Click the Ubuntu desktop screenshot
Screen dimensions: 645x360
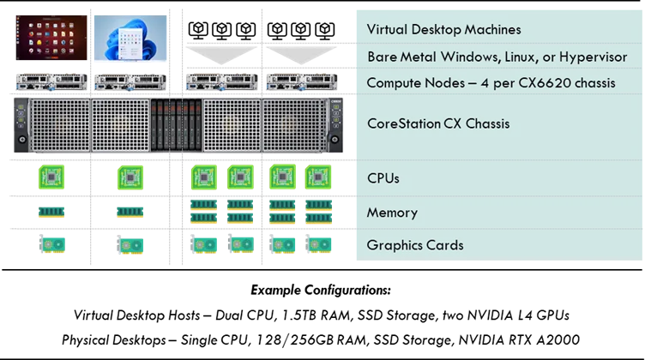tap(51, 38)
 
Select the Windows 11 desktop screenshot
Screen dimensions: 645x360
tap(130, 38)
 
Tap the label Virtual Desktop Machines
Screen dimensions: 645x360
tap(443, 30)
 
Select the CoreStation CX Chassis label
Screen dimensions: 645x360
tap(438, 123)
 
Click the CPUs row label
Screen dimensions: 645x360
tap(383, 178)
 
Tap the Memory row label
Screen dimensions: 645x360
tap(392, 213)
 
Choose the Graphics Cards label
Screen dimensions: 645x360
tap(415, 245)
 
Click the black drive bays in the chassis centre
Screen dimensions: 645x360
tap(177, 125)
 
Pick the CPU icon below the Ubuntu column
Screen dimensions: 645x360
tap(51, 177)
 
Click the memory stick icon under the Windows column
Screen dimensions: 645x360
tap(130, 212)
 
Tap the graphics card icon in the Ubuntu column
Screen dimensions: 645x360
tap(52, 243)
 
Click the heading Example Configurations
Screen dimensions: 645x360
tap(321, 290)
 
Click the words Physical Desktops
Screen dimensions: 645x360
tap(113, 340)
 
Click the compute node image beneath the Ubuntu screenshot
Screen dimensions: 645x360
tap(51, 81)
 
